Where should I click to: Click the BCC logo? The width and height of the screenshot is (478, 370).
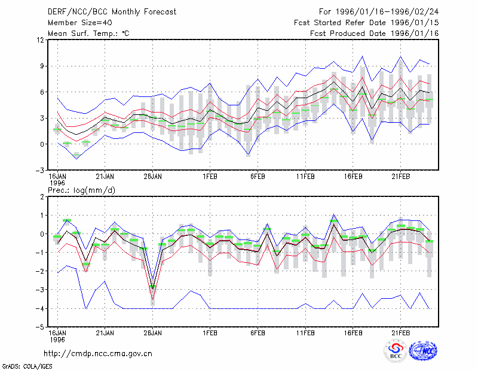click(x=396, y=351)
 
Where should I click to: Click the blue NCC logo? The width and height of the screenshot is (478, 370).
click(x=423, y=351)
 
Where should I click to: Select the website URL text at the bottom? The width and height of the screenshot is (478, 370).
click(x=98, y=354)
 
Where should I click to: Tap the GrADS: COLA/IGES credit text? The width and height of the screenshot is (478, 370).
click(x=27, y=366)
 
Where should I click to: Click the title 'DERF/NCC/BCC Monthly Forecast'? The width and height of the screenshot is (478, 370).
click(x=112, y=12)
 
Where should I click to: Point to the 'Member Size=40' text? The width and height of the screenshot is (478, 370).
click(x=80, y=23)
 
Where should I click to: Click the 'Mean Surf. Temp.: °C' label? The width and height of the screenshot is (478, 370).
click(x=88, y=34)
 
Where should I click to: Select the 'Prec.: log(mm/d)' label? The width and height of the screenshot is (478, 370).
click(x=81, y=190)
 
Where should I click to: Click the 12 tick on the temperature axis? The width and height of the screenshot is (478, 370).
click(x=41, y=40)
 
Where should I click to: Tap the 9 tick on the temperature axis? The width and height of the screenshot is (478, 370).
click(x=42, y=66)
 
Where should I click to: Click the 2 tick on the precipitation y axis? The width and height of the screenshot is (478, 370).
click(x=42, y=197)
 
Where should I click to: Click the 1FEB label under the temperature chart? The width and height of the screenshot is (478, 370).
click(x=210, y=177)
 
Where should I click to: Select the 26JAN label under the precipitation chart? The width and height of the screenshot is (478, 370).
click(x=153, y=333)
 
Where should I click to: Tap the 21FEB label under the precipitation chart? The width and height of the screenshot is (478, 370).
click(x=400, y=333)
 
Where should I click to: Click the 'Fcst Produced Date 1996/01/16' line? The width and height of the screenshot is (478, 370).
click(x=375, y=34)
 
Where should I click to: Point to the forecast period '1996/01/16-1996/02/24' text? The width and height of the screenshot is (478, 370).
click(x=387, y=12)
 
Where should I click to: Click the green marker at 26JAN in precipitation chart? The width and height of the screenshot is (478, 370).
click(x=153, y=286)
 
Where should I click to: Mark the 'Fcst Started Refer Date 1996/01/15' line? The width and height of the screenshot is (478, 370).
click(x=366, y=23)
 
